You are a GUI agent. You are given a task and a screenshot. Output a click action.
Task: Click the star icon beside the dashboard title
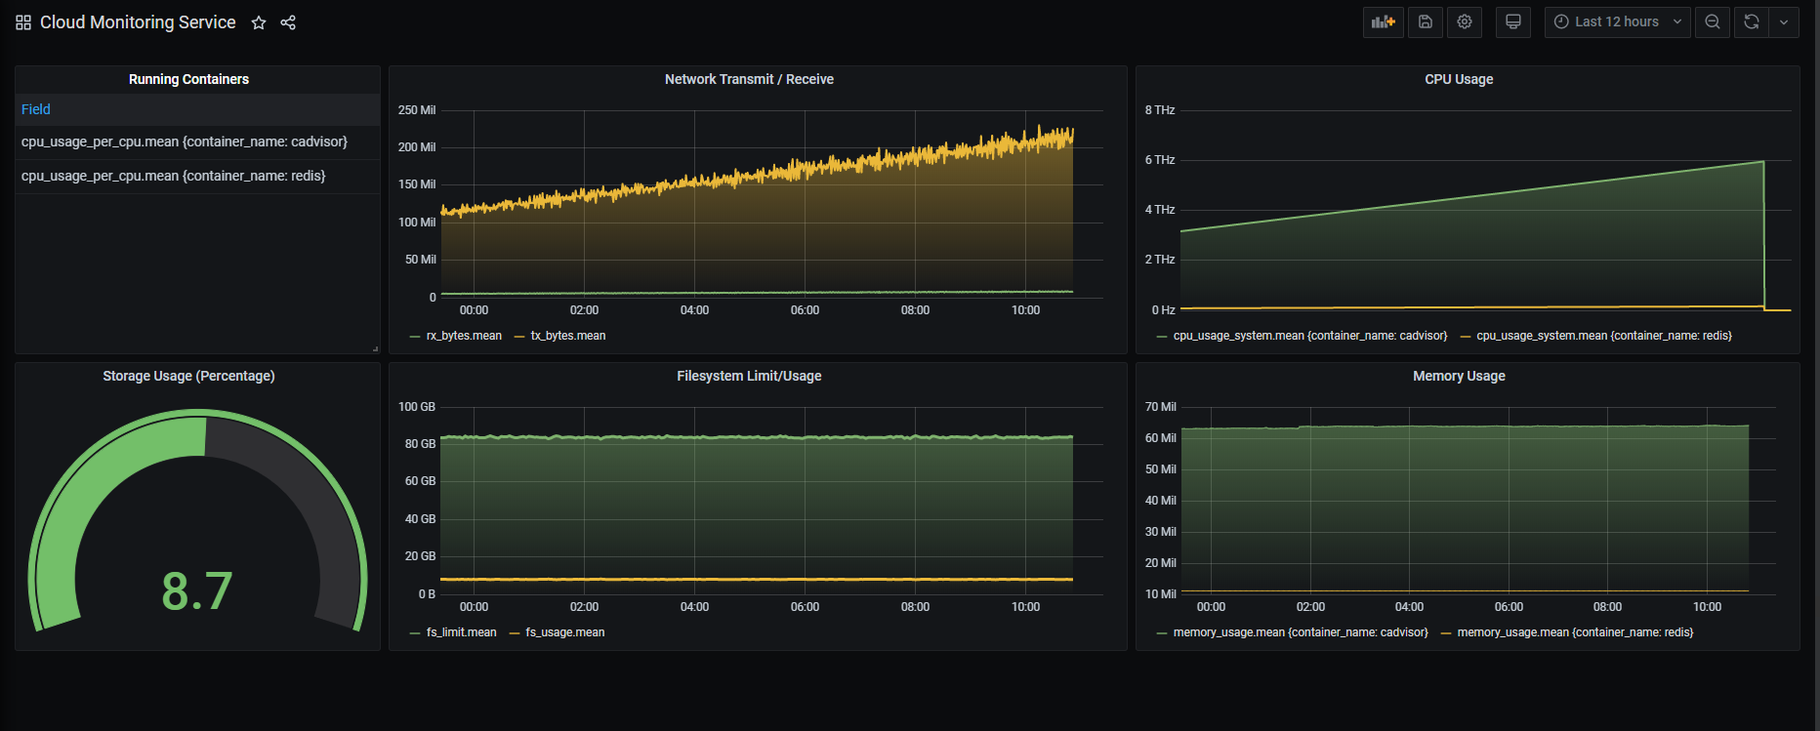click(x=259, y=22)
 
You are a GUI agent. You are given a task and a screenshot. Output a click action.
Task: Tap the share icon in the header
click(x=288, y=22)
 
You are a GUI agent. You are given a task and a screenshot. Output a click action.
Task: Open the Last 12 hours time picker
click(x=1617, y=21)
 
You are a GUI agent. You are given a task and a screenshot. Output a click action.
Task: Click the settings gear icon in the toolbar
click(x=1465, y=21)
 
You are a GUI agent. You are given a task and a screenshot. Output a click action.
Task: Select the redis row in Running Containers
click(x=174, y=176)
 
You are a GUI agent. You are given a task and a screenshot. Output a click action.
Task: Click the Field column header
click(x=36, y=109)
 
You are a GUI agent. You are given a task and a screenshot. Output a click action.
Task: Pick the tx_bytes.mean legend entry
click(x=568, y=336)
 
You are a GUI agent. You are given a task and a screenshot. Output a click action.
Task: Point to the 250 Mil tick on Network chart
click(x=417, y=110)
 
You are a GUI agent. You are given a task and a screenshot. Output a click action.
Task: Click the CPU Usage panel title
click(x=1459, y=79)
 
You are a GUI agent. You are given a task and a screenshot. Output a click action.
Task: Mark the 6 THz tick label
click(x=1160, y=160)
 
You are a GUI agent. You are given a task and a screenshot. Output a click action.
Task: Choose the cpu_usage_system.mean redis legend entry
click(x=1604, y=336)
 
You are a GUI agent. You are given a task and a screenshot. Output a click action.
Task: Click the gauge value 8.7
click(x=197, y=591)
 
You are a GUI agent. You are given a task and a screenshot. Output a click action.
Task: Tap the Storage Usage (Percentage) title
click(x=188, y=376)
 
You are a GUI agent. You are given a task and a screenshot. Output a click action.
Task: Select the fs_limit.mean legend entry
click(x=462, y=632)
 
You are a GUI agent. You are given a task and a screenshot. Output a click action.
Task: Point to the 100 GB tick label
click(x=417, y=407)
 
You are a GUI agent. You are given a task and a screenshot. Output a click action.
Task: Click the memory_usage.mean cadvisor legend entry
click(x=1301, y=632)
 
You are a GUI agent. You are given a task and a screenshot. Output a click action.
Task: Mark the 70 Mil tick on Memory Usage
click(x=1161, y=407)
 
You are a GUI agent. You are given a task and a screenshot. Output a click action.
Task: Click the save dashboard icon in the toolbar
click(x=1426, y=21)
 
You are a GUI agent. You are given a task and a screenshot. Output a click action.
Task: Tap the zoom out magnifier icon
click(x=1713, y=21)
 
